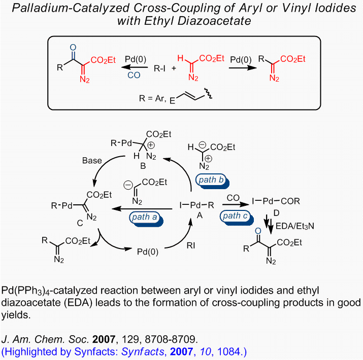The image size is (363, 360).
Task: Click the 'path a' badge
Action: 146,218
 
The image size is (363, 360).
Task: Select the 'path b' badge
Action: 212,181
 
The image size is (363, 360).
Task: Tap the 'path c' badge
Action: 237,218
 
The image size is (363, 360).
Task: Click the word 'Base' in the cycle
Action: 92,160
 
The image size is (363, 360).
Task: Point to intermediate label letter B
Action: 143,166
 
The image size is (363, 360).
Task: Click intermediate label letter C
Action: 80,223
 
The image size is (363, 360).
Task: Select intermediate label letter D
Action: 276,213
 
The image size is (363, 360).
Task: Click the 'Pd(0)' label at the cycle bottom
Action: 148,252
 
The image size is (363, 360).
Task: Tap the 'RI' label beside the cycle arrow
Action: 191,245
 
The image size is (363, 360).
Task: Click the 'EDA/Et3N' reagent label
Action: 294,226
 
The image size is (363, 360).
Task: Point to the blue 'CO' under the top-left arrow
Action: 134,75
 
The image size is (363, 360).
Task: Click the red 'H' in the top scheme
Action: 180,58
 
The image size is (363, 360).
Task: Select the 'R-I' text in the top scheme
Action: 159,68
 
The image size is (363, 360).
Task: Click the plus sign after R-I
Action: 174,68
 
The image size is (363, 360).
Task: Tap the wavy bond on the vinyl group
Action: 208,93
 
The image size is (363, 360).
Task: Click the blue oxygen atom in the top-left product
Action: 73,47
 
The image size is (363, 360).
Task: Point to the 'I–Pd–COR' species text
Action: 276,201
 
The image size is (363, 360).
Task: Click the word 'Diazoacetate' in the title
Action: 214,21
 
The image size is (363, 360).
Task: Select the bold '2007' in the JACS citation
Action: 104,339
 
